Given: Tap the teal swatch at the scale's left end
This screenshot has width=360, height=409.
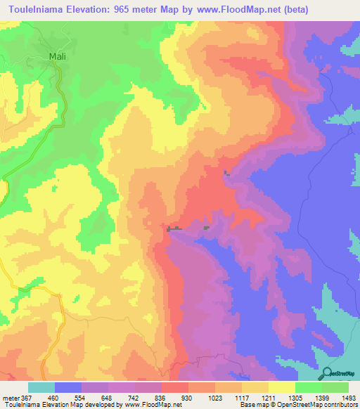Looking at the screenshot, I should [x=41, y=388].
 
